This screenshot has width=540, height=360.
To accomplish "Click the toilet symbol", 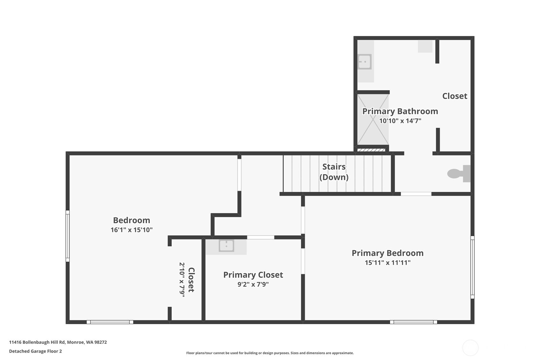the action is pyautogui.click(x=459, y=173).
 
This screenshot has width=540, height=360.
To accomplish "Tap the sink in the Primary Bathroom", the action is pyautogui.click(x=364, y=62).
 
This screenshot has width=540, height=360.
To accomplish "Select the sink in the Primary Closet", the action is pyautogui.click(x=226, y=246).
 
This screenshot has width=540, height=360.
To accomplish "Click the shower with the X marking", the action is pyautogui.click(x=373, y=119).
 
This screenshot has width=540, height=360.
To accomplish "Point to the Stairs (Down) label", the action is pyautogui.click(x=334, y=172).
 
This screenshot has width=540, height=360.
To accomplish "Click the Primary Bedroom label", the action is pyautogui.click(x=387, y=253).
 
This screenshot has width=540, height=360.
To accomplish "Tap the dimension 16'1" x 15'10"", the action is pyautogui.click(x=132, y=230).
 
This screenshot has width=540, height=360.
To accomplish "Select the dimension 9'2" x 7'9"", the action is pyautogui.click(x=253, y=284).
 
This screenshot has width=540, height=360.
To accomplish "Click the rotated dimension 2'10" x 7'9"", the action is pyautogui.click(x=182, y=280).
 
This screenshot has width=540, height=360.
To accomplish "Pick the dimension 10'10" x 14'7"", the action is pyautogui.click(x=400, y=121).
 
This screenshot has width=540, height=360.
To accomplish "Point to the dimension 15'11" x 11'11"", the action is pyautogui.click(x=388, y=262).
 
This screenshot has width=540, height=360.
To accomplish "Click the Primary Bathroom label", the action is pyautogui.click(x=400, y=111).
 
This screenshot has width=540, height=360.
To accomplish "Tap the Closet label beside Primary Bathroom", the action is pyautogui.click(x=455, y=96).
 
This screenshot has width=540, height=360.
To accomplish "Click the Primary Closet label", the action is pyautogui.click(x=253, y=275).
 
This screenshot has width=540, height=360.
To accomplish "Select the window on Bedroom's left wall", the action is pyautogui.click(x=68, y=236).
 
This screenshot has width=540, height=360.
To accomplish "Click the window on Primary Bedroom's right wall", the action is pyautogui.click(x=473, y=267).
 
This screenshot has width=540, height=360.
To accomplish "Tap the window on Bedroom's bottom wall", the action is pyautogui.click(x=110, y=322).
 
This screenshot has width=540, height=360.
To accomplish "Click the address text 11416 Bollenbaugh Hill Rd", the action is pyautogui.click(x=37, y=342).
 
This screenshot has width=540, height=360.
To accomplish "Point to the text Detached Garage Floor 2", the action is pyautogui.click(x=35, y=351).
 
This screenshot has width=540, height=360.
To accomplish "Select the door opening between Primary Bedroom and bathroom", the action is pyautogui.click(x=416, y=194).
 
